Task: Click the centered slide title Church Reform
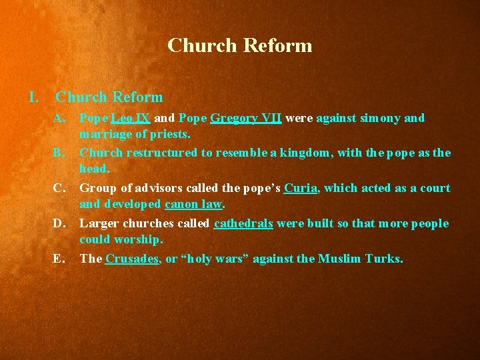(x=240, y=45)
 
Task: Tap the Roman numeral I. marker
(x=34, y=97)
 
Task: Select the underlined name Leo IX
(x=131, y=118)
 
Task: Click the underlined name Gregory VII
(x=246, y=118)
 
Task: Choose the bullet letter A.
(x=60, y=118)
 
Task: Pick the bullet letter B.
(x=60, y=153)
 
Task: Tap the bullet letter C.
(x=60, y=188)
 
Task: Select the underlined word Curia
(x=301, y=188)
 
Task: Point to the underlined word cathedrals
(x=243, y=223)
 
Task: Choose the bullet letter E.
(x=60, y=259)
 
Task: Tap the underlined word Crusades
(x=132, y=259)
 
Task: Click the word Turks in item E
(x=384, y=259)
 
